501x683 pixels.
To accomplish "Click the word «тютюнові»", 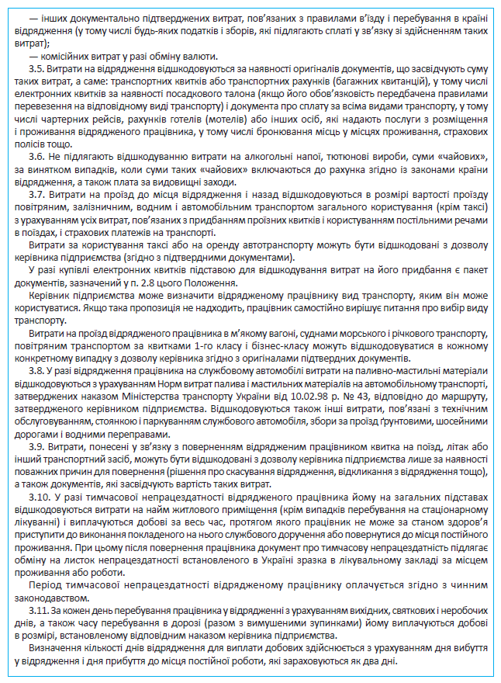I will coord(349,155).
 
